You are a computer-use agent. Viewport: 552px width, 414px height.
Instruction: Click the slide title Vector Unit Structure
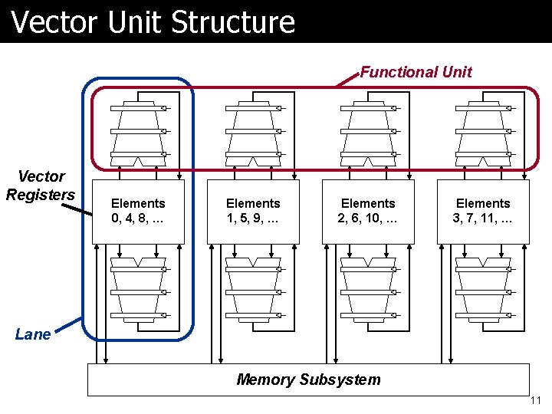[x=153, y=21]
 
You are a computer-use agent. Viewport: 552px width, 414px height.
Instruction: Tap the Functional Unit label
[x=416, y=72]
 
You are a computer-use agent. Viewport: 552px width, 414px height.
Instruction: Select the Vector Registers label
[x=41, y=186]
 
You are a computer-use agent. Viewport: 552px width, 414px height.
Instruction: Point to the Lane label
[x=33, y=334]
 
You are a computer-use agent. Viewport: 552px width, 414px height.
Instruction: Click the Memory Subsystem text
[x=308, y=379]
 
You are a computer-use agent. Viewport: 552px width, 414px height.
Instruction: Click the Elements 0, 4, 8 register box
[x=138, y=212]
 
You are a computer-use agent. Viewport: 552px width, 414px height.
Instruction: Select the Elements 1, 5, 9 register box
[x=253, y=212]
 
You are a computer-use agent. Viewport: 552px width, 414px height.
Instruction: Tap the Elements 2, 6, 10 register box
[x=368, y=212]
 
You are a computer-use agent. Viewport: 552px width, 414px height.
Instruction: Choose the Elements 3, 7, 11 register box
[x=483, y=212]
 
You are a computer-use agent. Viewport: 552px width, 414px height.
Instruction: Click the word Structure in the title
[x=233, y=21]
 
